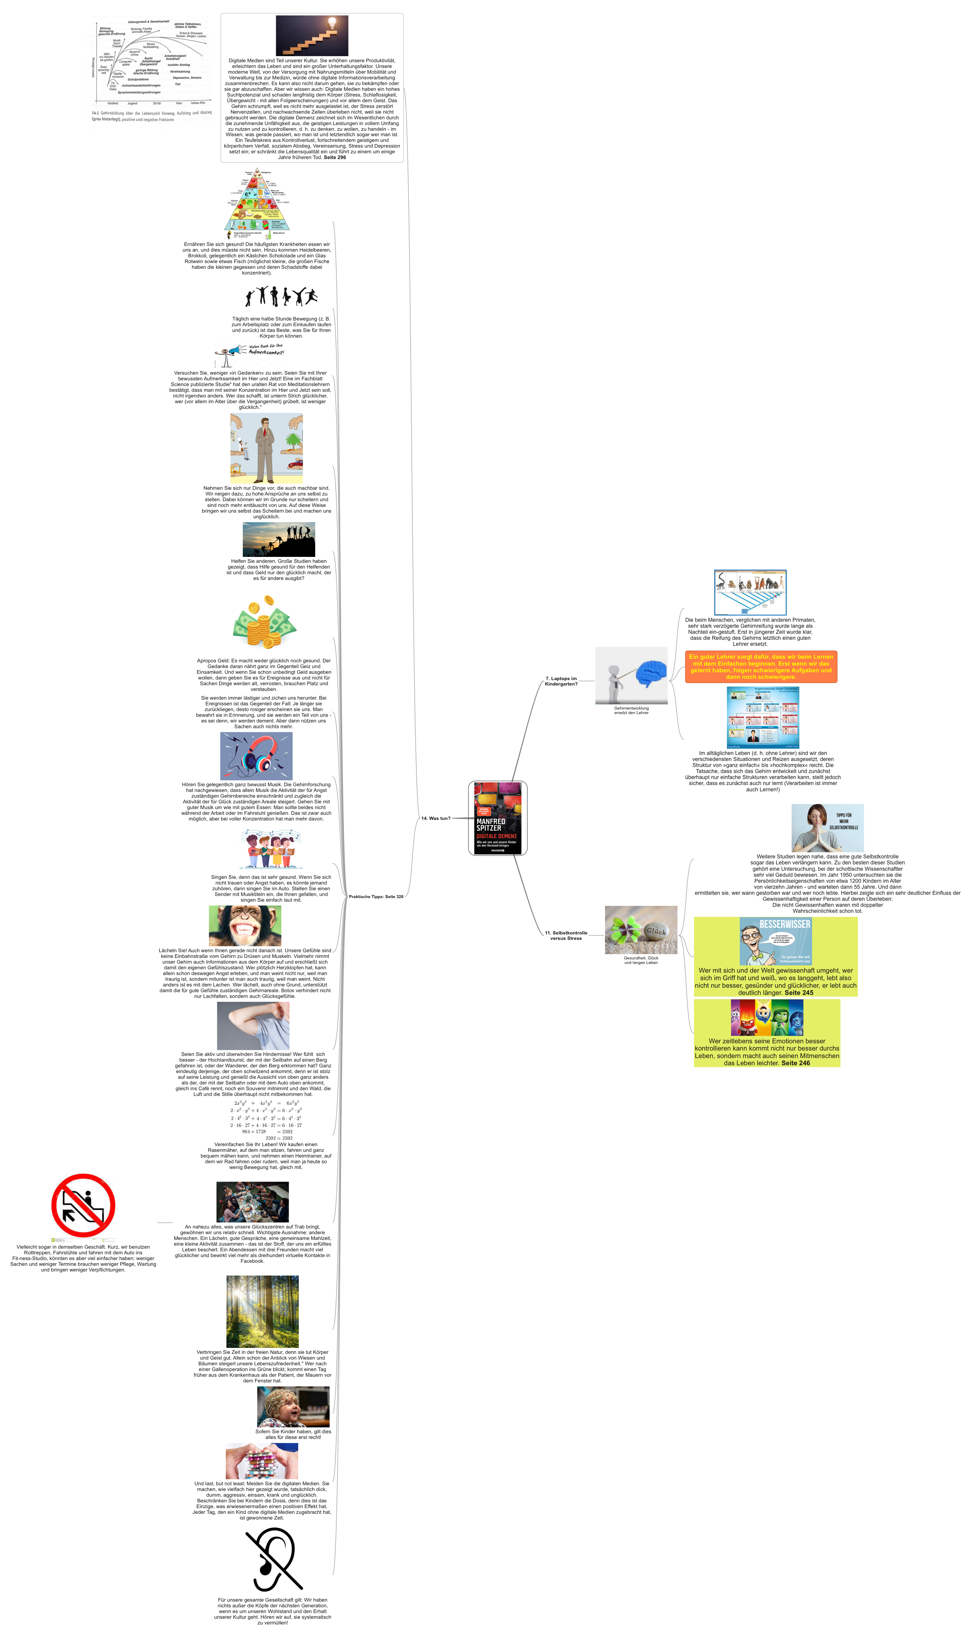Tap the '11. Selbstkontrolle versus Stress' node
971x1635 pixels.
point(566,935)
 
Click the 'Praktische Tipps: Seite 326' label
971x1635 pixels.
point(376,897)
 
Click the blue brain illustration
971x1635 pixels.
point(651,673)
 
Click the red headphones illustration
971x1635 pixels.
point(257,755)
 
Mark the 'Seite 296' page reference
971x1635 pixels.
point(335,158)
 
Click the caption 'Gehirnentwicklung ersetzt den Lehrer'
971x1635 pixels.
point(631,710)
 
